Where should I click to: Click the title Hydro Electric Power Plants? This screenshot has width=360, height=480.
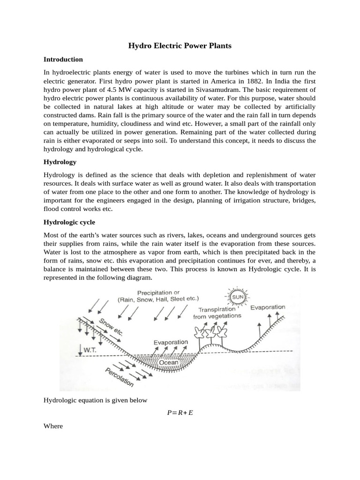pyautogui.click(x=180, y=46)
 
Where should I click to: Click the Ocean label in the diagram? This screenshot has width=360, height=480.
pyautogui.click(x=168, y=362)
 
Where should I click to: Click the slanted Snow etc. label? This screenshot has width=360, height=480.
pyautogui.click(x=111, y=327)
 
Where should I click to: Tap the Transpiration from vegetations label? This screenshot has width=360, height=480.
pyautogui.click(x=217, y=313)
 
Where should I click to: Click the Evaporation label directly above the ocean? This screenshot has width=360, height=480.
pyautogui.click(x=171, y=343)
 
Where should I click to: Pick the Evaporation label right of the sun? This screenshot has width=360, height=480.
pyautogui.click(x=267, y=307)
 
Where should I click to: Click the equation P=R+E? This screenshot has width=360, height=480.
pyautogui.click(x=180, y=412)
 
